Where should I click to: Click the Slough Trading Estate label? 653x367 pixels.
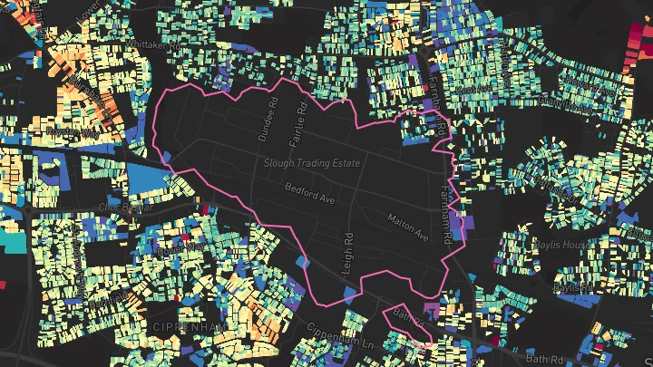311,163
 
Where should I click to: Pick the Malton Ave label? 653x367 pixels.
407,226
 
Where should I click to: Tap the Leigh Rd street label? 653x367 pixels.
348,251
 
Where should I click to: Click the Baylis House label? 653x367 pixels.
564,245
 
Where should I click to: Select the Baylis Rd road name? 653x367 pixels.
572,285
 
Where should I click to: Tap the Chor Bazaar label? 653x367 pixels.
126,207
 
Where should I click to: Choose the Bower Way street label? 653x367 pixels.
181,246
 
